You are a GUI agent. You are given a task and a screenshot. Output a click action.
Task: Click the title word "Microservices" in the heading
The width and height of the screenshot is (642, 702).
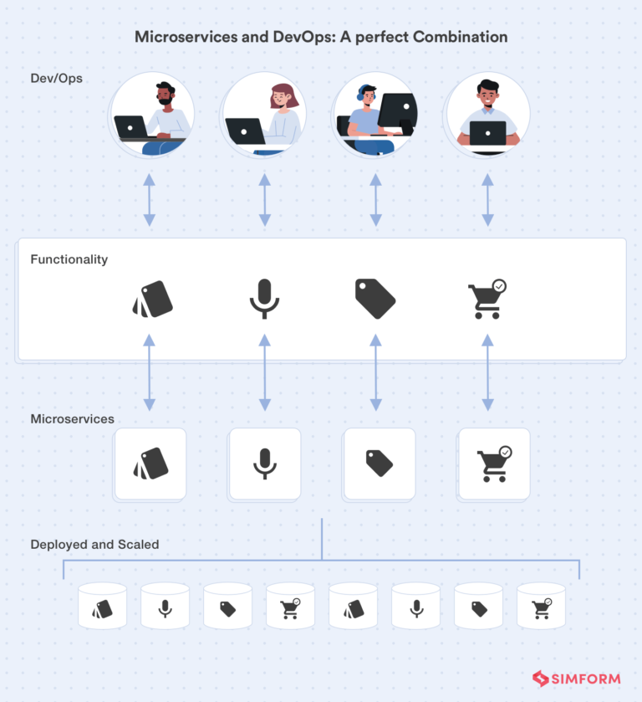[179, 37]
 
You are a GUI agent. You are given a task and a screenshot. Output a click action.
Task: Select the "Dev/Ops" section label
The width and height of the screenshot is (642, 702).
[56, 78]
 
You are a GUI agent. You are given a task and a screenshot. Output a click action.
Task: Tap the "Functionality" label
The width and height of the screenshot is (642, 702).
[69, 259]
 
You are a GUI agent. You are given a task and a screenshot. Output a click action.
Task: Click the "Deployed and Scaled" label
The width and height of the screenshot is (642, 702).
[94, 544]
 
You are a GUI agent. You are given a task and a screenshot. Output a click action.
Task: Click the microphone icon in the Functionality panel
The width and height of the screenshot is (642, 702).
[264, 299]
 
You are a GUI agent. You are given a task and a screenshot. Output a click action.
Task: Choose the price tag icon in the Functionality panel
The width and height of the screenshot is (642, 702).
[374, 299]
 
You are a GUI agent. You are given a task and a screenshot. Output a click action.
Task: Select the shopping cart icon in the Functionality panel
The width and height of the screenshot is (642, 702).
[487, 299]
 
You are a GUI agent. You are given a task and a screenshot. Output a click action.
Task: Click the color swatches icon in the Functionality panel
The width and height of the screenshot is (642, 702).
[153, 299]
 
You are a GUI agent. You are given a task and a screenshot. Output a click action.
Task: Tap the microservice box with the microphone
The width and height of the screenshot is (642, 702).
[265, 464]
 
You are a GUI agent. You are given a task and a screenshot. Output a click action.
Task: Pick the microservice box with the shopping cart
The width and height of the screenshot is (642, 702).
[493, 464]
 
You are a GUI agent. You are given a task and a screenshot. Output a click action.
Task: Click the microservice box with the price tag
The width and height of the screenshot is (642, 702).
[380, 464]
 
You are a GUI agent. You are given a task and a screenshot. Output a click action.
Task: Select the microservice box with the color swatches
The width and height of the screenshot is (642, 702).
[150, 464]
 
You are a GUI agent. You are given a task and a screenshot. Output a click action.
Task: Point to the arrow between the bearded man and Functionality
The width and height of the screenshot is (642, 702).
[149, 200]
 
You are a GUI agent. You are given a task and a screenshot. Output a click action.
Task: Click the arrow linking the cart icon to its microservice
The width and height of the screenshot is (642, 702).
[487, 372]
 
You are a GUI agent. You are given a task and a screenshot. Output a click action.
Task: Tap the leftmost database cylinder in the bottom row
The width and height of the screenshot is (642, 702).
[102, 607]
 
